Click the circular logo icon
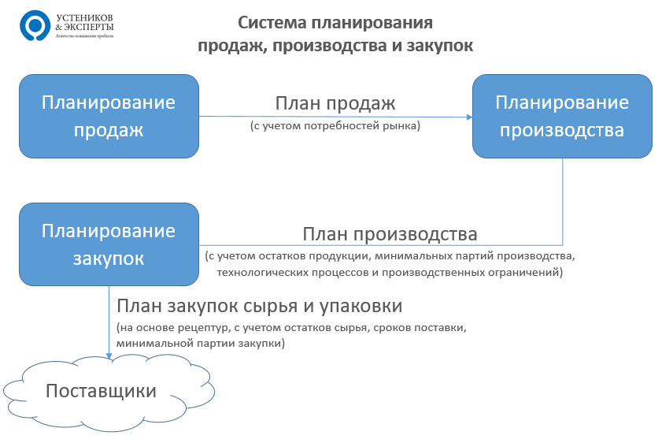tap(34, 25)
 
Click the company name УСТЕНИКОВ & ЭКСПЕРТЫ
tap(86, 21)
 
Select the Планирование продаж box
tap(109, 116)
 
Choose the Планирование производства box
tap(561, 116)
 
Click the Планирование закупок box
tap(109, 244)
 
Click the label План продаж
tap(335, 103)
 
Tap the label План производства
tap(390, 234)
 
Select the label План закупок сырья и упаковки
tap(260, 306)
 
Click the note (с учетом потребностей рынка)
tap(335, 125)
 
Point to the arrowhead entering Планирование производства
tap(468, 117)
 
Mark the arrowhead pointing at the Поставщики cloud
tap(109, 356)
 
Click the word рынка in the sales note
tap(405, 125)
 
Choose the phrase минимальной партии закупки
tap(199, 344)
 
